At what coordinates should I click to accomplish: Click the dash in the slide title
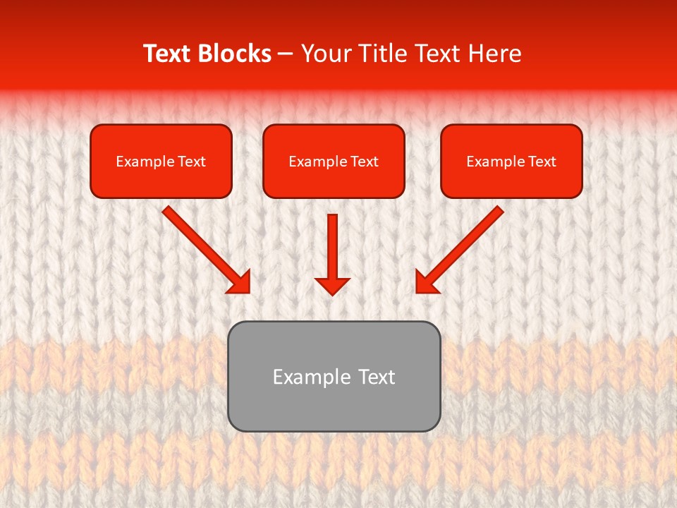[x=286, y=54]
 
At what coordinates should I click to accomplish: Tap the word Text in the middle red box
[x=365, y=162]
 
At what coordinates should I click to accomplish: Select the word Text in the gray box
[x=377, y=377]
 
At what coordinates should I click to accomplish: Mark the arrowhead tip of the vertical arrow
[x=332, y=294]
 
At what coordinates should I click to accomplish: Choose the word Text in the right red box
[x=542, y=162]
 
